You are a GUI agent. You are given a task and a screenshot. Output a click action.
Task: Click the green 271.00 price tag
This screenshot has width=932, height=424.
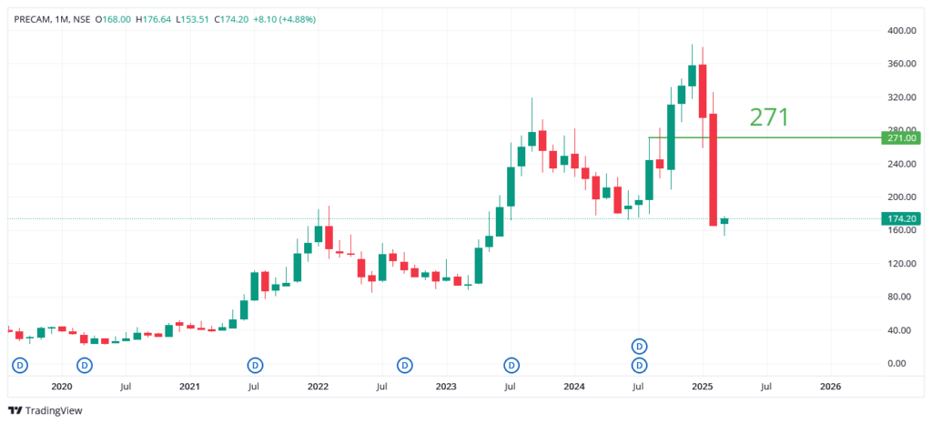(x=900, y=138)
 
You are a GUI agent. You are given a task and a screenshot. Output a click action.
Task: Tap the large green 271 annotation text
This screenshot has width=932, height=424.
(x=768, y=116)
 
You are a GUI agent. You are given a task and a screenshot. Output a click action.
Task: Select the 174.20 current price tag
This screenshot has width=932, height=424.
(x=900, y=218)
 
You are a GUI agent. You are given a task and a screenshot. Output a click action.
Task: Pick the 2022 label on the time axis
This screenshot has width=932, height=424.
(x=318, y=387)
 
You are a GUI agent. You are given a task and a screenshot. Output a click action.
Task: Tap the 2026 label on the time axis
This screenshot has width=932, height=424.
(x=830, y=387)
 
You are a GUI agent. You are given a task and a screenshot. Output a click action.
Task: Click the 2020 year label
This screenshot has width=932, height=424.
(x=62, y=387)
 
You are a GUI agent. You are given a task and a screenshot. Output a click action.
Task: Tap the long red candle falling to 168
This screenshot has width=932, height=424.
(x=714, y=169)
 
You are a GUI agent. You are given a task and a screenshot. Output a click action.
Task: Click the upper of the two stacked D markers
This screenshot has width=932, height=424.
(x=640, y=346)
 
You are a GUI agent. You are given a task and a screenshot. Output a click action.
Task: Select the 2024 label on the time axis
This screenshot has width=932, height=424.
(x=573, y=387)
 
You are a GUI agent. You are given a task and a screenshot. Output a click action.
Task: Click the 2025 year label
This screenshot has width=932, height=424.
(x=702, y=387)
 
